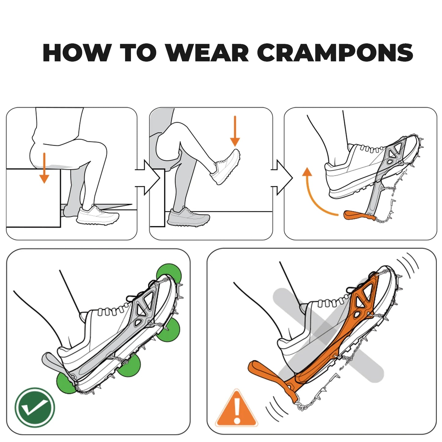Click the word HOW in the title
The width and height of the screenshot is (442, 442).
pos(77,53)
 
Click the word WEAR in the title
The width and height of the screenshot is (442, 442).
pos(207,53)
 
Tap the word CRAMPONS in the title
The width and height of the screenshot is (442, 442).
pos(335,53)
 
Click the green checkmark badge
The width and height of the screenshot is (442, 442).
pos(35,407)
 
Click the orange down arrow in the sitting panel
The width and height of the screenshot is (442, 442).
pos(44,168)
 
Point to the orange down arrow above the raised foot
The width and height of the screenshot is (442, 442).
pos(235,131)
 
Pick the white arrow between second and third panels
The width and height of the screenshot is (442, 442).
pos(283,178)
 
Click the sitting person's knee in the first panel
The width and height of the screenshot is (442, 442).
pos(98,150)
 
